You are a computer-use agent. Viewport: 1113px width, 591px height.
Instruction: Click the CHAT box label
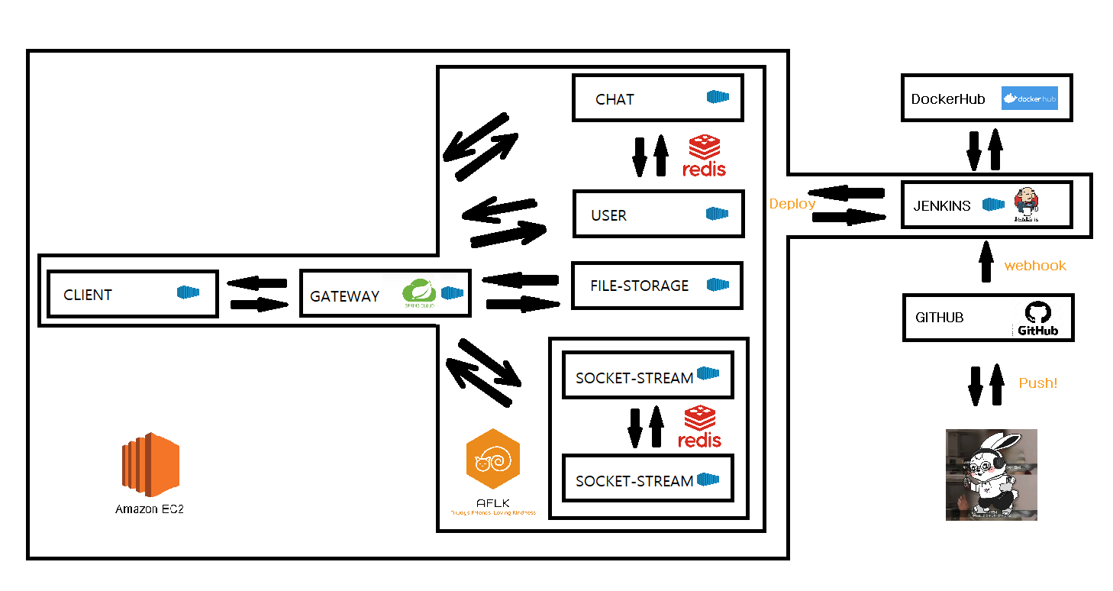pyautogui.click(x=615, y=99)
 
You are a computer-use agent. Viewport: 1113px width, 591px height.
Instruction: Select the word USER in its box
pyautogui.click(x=608, y=215)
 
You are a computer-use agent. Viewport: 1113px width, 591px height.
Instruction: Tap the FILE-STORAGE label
pyautogui.click(x=639, y=286)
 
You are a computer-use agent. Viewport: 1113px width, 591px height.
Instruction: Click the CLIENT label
pyautogui.click(x=88, y=295)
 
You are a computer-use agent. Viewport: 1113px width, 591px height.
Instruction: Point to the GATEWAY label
pyautogui.click(x=344, y=296)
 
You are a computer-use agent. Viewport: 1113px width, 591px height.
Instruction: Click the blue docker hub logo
pyautogui.click(x=1029, y=98)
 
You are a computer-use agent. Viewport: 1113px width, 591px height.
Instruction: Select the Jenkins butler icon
pyautogui.click(x=1027, y=204)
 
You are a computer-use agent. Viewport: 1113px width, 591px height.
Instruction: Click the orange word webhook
pyautogui.click(x=1034, y=266)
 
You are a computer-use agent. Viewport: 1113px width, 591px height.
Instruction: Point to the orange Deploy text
pyautogui.click(x=792, y=204)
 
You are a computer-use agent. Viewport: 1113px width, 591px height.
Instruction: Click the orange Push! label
pyautogui.click(x=1037, y=383)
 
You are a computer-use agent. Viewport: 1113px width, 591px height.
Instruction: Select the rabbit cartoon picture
pyautogui.click(x=991, y=475)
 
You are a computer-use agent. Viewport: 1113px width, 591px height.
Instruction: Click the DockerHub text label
pyautogui.click(x=947, y=99)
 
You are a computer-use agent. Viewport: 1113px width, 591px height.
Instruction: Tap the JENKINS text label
pyautogui.click(x=941, y=206)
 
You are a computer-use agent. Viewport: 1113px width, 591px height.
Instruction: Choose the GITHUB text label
pyautogui.click(x=939, y=318)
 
